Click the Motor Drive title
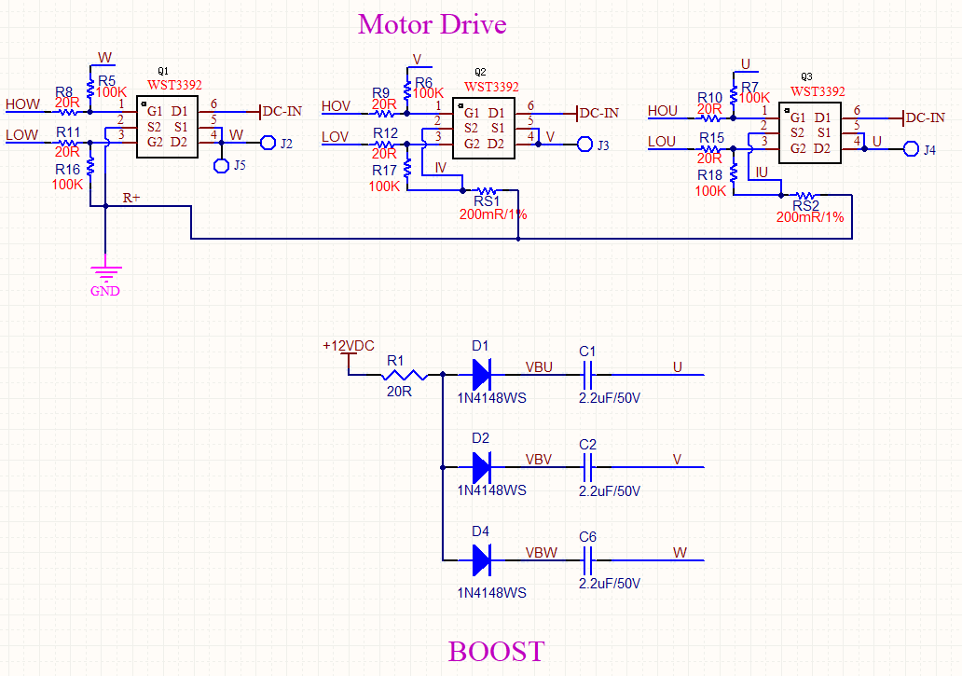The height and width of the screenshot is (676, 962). click(432, 24)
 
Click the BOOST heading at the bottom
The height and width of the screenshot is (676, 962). click(496, 651)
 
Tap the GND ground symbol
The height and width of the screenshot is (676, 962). click(105, 273)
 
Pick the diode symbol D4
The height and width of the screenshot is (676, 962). click(481, 559)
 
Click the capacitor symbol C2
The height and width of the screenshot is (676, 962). click(587, 467)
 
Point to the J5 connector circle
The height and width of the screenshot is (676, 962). click(222, 166)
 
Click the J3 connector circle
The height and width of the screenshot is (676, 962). click(585, 145)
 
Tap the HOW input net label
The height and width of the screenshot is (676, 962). click(22, 103)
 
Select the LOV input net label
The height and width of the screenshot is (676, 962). click(336, 137)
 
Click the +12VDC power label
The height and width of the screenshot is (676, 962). click(349, 346)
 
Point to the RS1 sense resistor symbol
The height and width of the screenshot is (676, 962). click(487, 190)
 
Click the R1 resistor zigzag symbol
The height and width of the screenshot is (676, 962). click(404, 376)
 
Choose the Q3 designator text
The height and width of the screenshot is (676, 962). click(807, 76)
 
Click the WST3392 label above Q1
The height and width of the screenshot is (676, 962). click(174, 85)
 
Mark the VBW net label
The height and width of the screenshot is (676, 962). click(542, 552)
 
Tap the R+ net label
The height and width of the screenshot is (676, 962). click(132, 198)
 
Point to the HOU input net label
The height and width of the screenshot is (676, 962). click(663, 111)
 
